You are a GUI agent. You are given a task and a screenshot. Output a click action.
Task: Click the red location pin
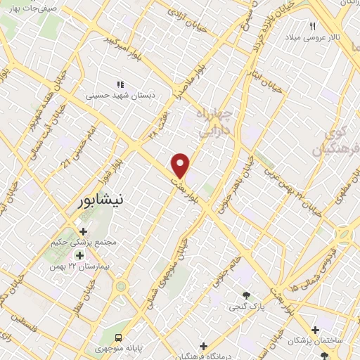pos(181,165)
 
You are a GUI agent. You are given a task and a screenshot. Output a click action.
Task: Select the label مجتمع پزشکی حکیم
pos(84,243)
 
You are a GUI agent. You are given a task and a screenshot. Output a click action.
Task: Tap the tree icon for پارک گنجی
pos(245,295)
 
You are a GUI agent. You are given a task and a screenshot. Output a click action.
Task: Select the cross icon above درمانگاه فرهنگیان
pos(203,346)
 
